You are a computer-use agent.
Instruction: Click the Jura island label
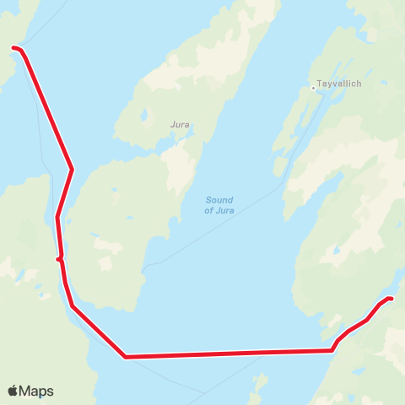coord(180,124)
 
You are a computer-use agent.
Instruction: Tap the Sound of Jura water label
coord(219,205)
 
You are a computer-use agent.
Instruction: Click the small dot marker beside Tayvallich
coord(313,86)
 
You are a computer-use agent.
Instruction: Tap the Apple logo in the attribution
coord(13,391)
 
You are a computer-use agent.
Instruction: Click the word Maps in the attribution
coord(36,391)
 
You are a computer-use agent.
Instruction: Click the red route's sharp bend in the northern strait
coord(73,169)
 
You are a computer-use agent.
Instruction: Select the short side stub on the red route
coord(58,259)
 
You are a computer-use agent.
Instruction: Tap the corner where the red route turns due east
coord(125,357)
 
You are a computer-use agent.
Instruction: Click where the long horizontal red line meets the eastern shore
coord(332,349)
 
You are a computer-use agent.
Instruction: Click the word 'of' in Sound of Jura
coord(208,210)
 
